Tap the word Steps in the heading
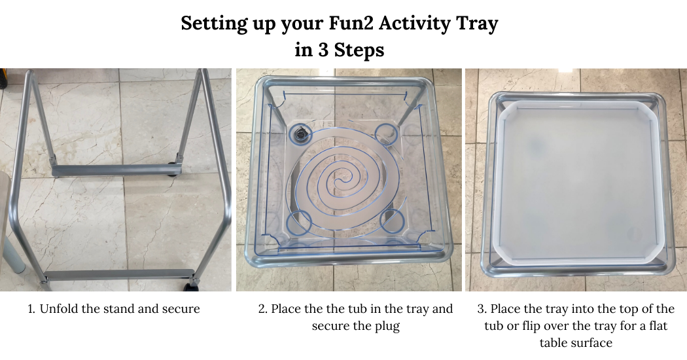coord(359,50)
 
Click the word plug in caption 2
coord(388,327)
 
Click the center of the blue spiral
coord(339,181)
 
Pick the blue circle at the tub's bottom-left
coord(300,221)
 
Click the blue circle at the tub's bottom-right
coord(391,221)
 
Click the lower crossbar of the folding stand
coord(119,276)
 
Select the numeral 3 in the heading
coord(323,50)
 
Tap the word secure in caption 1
coord(181,309)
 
